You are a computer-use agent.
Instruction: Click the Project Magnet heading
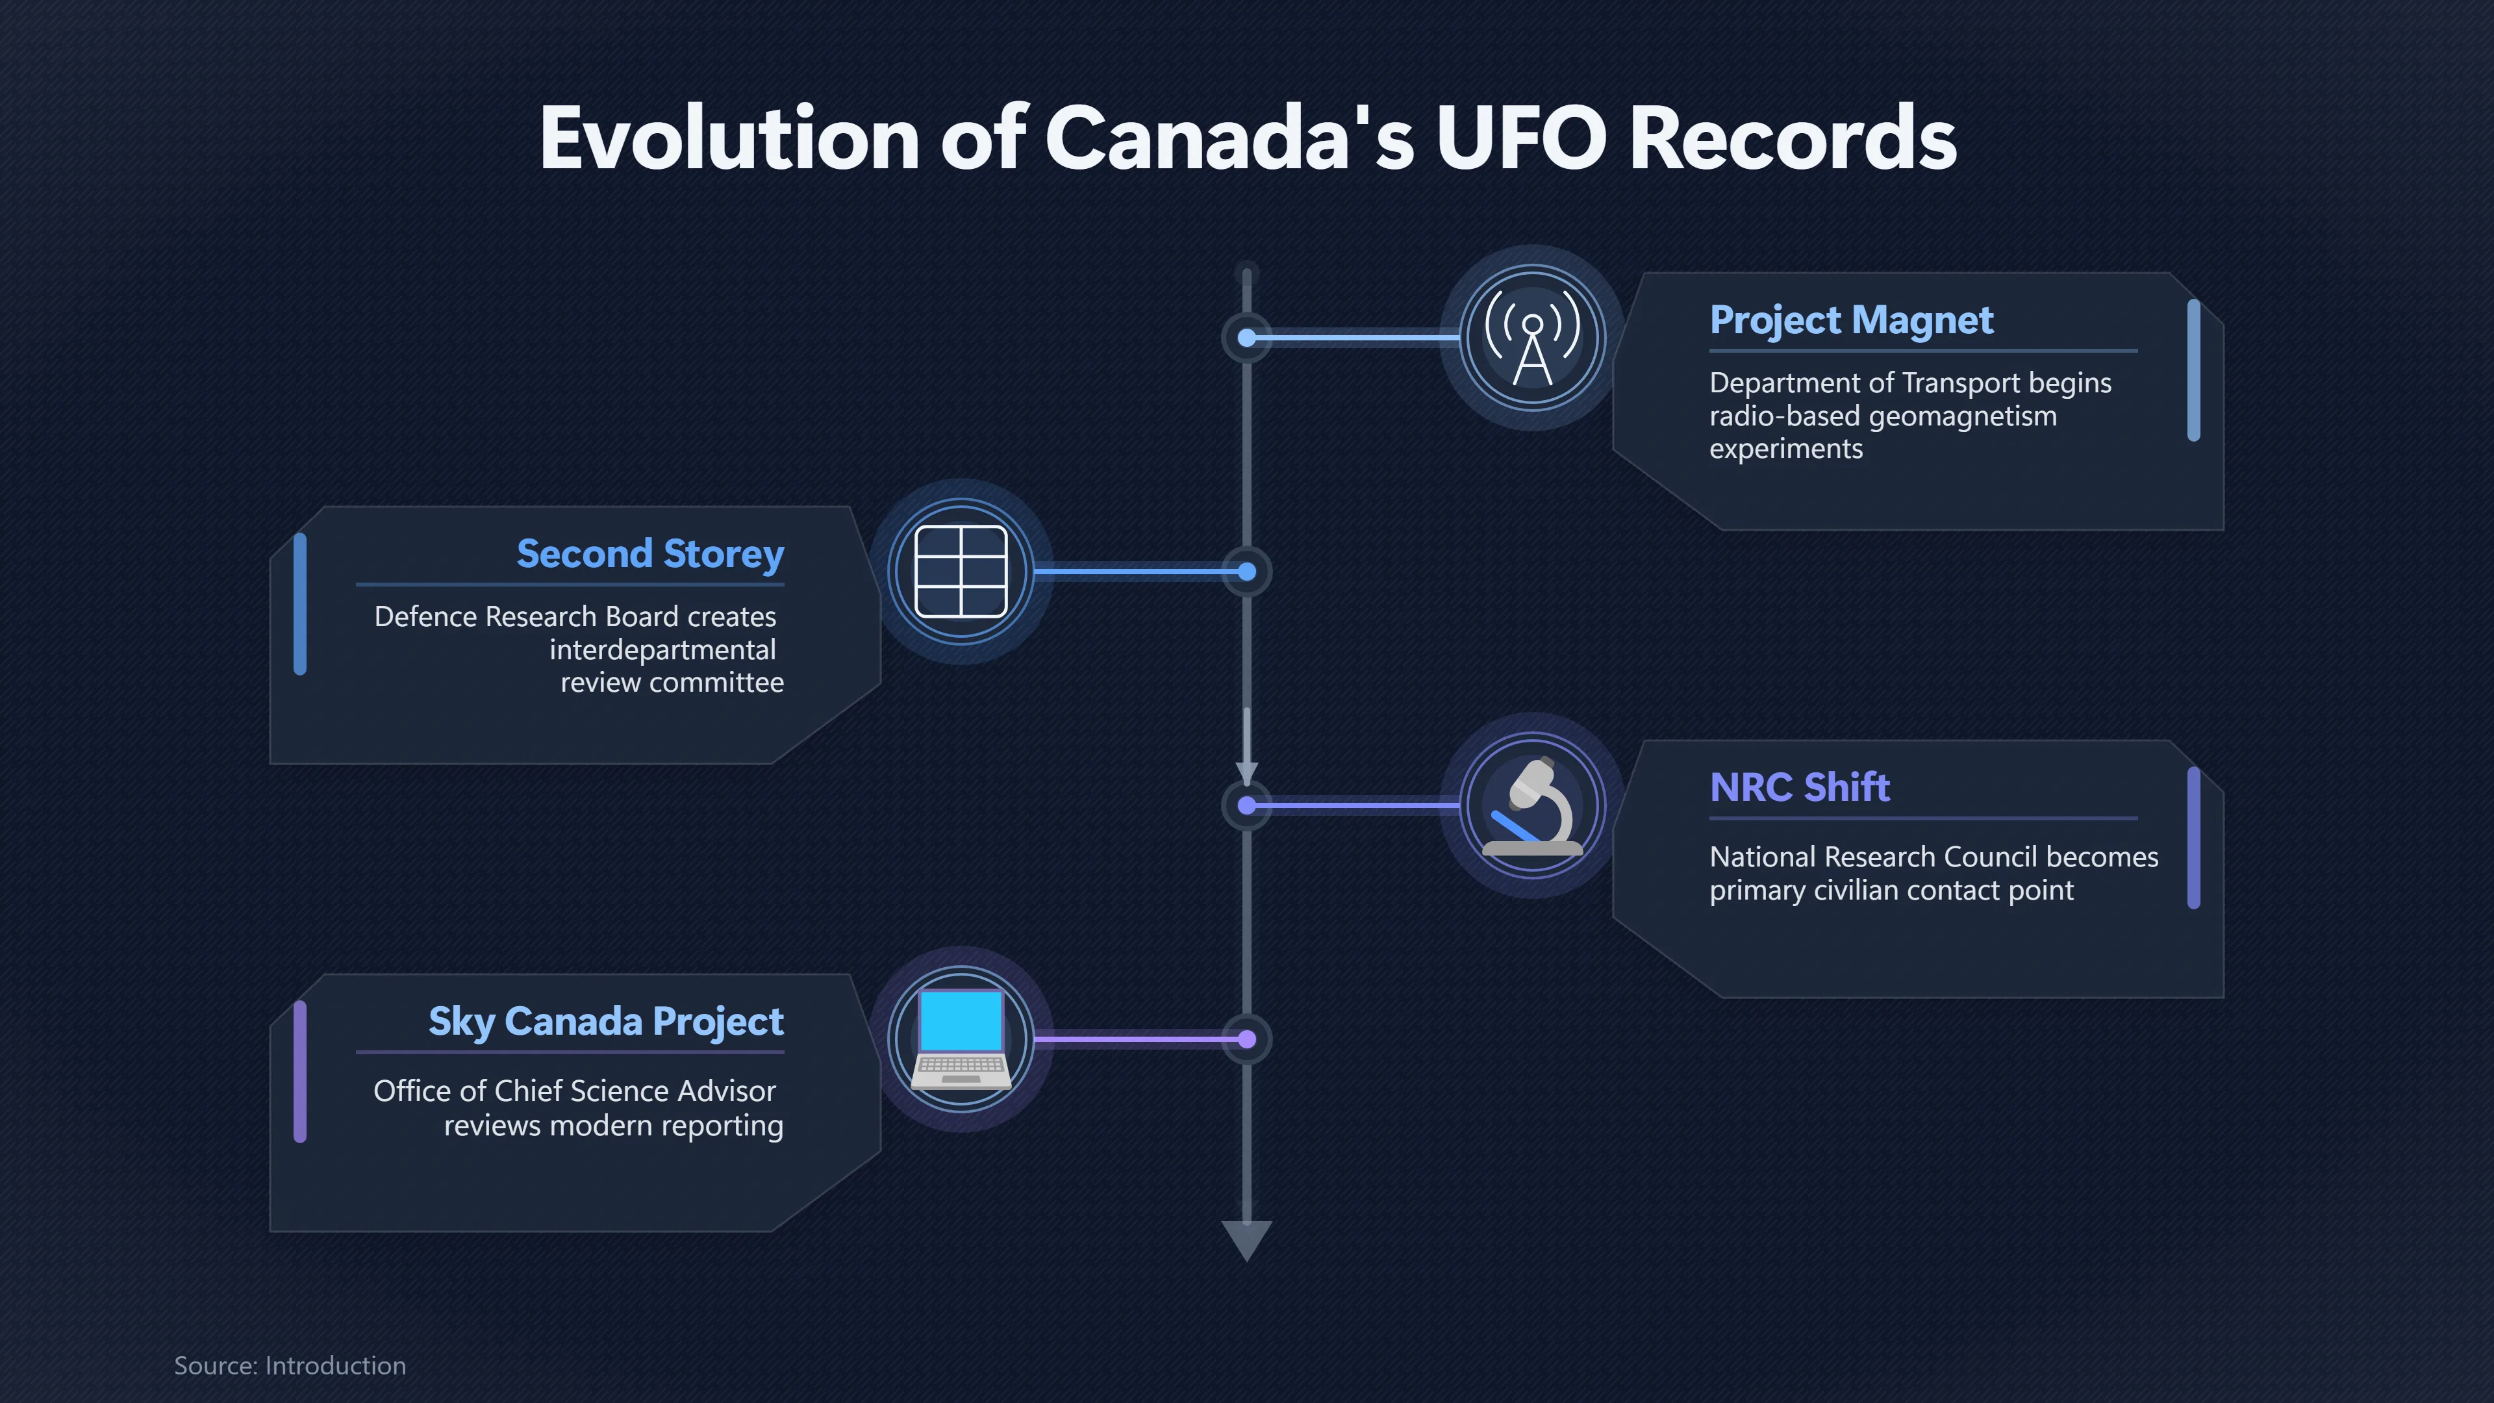[x=1851, y=320]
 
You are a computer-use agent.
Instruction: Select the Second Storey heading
[x=651, y=555]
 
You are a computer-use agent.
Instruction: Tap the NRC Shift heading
[x=1800, y=787]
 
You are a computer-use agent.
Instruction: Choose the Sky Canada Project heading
[x=606, y=1022]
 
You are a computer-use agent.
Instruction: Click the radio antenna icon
[x=1533, y=338]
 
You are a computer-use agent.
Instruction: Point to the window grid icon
[x=961, y=572]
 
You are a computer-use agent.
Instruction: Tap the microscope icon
[x=1533, y=805]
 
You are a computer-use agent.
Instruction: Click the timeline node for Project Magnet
[x=1247, y=338]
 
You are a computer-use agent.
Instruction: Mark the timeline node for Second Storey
[x=1247, y=572]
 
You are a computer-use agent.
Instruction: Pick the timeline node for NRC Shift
[x=1247, y=805]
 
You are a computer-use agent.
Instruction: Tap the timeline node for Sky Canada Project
[x=1247, y=1040]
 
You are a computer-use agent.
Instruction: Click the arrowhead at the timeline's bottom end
[x=1247, y=1239]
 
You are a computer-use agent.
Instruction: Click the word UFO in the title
[x=1521, y=138]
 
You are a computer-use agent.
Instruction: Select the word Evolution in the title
[x=729, y=138]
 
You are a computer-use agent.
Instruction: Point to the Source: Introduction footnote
[x=290, y=1366]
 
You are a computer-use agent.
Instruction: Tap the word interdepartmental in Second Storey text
[x=663, y=650]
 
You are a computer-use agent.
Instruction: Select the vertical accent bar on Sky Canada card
[x=300, y=1072]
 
